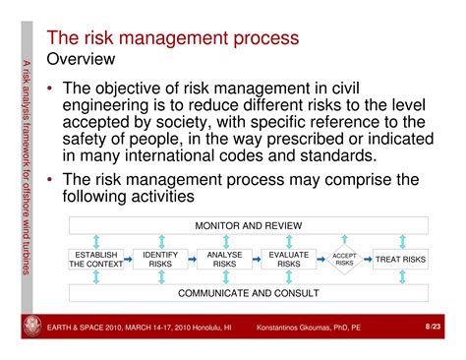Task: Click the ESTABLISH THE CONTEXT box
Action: point(96,260)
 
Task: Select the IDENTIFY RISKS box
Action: point(160,260)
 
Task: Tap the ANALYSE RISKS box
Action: point(224,260)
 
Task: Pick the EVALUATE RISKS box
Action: point(288,260)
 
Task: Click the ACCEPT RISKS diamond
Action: point(344,260)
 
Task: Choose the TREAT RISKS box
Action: point(401,260)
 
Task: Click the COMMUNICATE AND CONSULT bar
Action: point(248,293)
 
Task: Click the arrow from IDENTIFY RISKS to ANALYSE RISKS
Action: point(193,260)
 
